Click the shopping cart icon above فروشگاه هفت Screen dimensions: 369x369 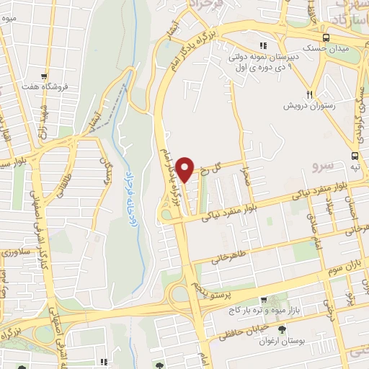[x=45, y=76]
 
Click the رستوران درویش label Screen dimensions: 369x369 [x=312, y=106]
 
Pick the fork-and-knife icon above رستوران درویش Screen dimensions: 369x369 [x=309, y=94]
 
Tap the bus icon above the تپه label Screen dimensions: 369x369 [x=355, y=156]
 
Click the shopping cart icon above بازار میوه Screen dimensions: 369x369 [x=264, y=299]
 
